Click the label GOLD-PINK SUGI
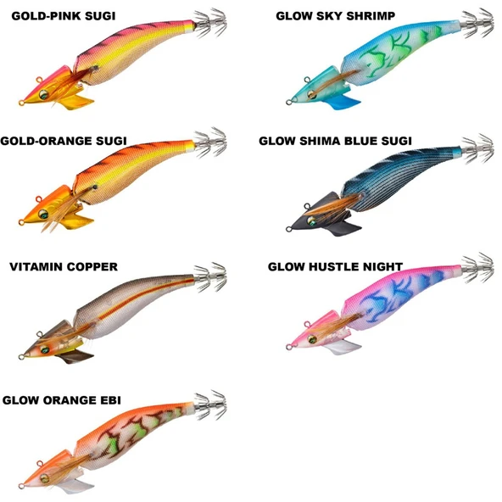[x=64, y=16]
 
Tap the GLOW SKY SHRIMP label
[x=336, y=16]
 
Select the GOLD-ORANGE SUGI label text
[x=64, y=141]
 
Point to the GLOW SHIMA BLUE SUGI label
[x=335, y=141]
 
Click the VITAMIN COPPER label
[x=64, y=266]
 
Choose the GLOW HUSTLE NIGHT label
[x=335, y=266]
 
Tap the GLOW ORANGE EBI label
[x=61, y=400]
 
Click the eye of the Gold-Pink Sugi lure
[x=43, y=94]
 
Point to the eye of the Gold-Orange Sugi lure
[x=43, y=214]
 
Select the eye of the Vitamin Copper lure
[x=44, y=349]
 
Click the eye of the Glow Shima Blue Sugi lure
[x=310, y=220]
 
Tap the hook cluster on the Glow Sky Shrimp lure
[x=478, y=22]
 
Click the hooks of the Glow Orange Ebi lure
[x=210, y=404]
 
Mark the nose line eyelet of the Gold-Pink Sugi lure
[x=21, y=103]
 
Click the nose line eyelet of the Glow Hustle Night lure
[x=288, y=347]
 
